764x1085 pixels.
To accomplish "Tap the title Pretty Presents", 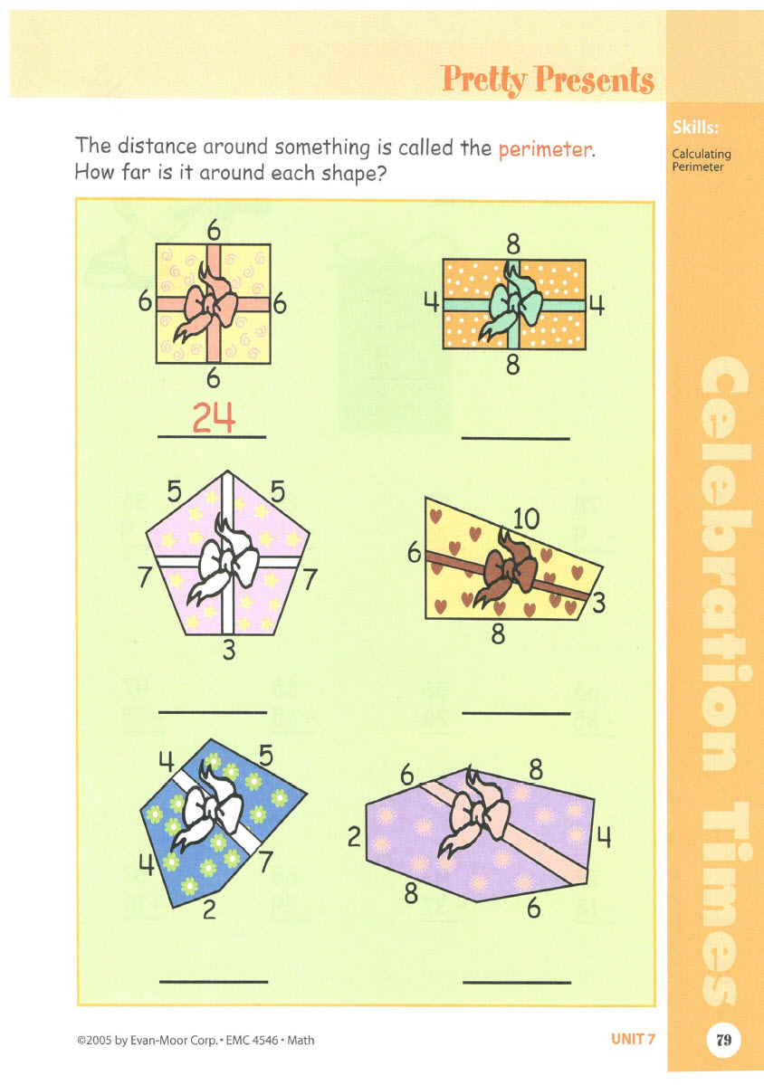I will tap(548, 80).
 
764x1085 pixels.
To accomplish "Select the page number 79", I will tap(723, 1039).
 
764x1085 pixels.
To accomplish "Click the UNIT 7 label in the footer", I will tap(633, 1040).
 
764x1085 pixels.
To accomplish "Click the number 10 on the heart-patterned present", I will tap(526, 519).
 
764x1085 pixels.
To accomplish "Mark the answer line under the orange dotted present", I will tap(515, 439).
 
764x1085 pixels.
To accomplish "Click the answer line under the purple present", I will tap(516, 982).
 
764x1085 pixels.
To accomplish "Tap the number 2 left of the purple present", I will tap(355, 839).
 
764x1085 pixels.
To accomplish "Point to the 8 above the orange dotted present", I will tap(512, 243).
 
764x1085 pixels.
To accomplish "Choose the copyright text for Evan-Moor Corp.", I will tap(196, 1041).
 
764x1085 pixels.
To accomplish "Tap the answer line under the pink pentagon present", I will tap(213, 712).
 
